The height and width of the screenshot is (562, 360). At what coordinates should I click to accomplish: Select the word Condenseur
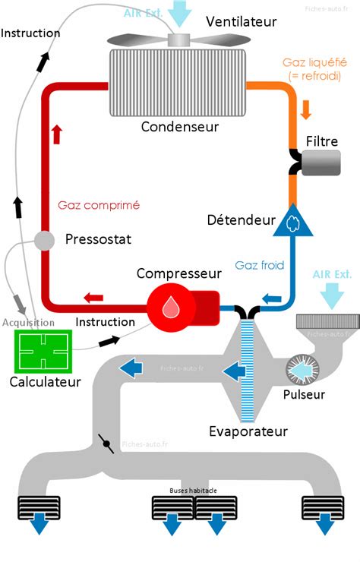[179, 126]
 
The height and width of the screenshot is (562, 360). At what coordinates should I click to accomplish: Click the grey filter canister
[321, 163]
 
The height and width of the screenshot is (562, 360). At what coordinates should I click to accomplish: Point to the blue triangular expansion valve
[293, 223]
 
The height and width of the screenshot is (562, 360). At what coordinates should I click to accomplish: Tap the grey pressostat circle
[45, 241]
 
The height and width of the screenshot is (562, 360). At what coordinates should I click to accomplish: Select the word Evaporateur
[248, 431]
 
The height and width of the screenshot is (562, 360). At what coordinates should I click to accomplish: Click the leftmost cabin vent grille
[39, 507]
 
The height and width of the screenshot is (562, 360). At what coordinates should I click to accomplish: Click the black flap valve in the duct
[106, 444]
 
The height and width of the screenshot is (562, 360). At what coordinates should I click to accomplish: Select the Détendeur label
[241, 220]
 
